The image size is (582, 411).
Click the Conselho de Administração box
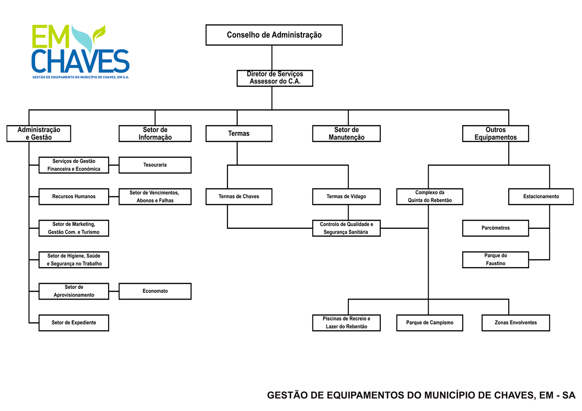274,35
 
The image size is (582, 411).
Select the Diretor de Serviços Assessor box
275,78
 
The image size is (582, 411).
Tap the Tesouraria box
155,165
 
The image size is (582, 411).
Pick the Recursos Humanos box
74,197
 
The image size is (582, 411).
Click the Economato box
155,291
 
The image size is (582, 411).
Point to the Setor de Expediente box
74,323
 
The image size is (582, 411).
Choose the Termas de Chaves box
239,197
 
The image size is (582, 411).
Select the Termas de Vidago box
346,197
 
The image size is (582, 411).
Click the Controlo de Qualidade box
346,228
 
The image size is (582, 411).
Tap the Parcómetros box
495,228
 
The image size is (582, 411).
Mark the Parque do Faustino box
495,260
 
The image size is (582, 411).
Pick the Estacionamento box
541,197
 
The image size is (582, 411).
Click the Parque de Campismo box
429,323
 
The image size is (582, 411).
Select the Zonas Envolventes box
516,323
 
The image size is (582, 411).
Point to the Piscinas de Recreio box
346,323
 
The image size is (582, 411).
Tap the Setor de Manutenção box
346,134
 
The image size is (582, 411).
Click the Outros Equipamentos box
495,134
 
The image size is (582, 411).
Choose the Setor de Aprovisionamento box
74,291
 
